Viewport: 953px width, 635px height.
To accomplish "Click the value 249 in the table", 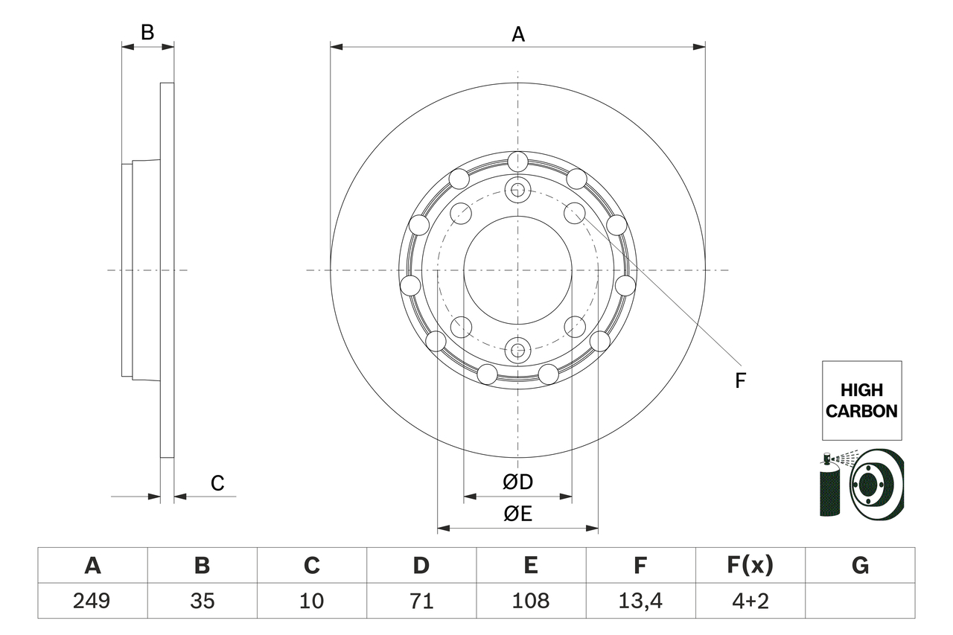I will pyautogui.click(x=92, y=601).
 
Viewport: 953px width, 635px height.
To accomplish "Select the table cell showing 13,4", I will pyautogui.click(x=640, y=601).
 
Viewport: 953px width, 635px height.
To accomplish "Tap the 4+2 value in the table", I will pyautogui.click(x=750, y=601).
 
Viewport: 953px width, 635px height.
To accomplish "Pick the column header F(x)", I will pyautogui.click(x=750, y=566).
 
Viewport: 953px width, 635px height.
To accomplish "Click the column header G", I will pyautogui.click(x=860, y=566).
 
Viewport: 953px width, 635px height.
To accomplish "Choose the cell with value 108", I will pyautogui.click(x=530, y=601).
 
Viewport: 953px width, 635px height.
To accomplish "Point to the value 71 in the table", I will pyautogui.click(x=421, y=601).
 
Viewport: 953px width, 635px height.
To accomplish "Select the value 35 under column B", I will pyautogui.click(x=202, y=601).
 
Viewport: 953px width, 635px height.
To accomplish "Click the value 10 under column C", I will pyautogui.click(x=311, y=601).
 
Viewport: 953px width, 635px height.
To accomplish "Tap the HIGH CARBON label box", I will pyautogui.click(x=861, y=401).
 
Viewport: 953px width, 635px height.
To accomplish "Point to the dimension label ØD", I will pyautogui.click(x=518, y=482).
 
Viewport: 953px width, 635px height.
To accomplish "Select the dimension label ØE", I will pyautogui.click(x=518, y=514).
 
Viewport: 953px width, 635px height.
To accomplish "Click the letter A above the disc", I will pyautogui.click(x=518, y=33).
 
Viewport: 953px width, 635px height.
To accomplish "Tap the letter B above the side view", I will pyautogui.click(x=147, y=32).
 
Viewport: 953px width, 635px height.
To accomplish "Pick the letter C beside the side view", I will pyautogui.click(x=217, y=483).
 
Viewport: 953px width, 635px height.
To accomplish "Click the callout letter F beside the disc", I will pyautogui.click(x=740, y=380).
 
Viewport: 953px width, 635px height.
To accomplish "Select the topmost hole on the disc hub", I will pyautogui.click(x=517, y=162).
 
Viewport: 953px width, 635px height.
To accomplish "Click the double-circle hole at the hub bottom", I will pyautogui.click(x=517, y=348).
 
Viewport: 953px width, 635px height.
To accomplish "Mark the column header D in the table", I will pyautogui.click(x=421, y=566).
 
